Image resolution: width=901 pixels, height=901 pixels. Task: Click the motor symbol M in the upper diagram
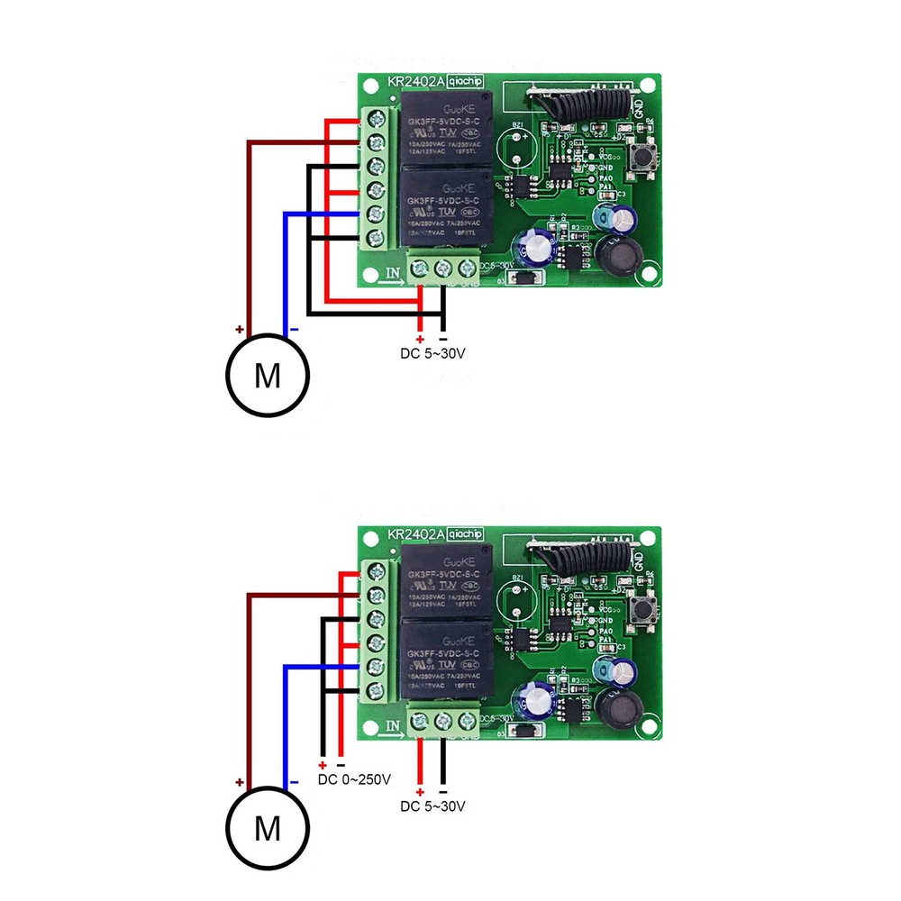coord(267,375)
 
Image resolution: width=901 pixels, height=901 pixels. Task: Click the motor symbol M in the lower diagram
coord(267,827)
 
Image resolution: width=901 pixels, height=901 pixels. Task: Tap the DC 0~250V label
coord(354,778)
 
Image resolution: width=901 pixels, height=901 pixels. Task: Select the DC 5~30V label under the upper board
coord(433,353)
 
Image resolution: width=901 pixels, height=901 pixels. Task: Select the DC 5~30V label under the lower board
coord(433,805)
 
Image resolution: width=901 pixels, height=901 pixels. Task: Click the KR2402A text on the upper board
coord(416,82)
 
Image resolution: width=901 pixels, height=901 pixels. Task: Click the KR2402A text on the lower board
coord(416,534)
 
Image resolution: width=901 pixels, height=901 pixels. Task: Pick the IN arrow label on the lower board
coord(394,727)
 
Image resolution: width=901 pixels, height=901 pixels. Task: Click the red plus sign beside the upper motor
coord(240,330)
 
